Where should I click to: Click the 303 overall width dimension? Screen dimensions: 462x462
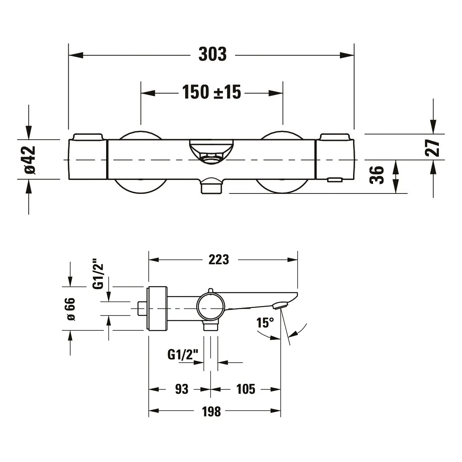coord(212,54)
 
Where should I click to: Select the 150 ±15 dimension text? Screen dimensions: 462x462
coord(211,92)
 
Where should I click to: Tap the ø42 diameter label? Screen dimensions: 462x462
coord(30,160)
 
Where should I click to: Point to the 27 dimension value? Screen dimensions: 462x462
coord(432,148)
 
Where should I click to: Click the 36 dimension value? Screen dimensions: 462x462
coord(377,175)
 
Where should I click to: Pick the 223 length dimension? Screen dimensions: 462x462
coord(219,260)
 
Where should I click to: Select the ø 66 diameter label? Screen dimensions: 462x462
coord(71,309)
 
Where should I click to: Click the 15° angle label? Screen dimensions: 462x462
coord(265,323)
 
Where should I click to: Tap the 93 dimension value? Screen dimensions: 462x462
coord(182,389)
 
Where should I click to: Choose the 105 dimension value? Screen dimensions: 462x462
coord(246,389)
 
